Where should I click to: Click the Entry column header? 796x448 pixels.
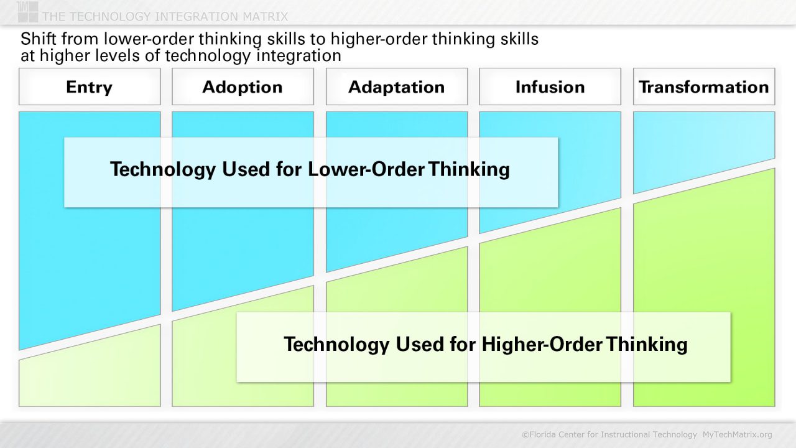[89, 87]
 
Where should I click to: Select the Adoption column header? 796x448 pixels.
[243, 87]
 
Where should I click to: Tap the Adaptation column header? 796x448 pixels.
[396, 87]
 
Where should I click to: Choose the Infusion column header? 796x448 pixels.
[550, 87]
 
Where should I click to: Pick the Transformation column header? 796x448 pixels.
[703, 87]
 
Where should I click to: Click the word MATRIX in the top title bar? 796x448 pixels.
[265, 16]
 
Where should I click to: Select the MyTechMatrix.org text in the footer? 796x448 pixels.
[737, 434]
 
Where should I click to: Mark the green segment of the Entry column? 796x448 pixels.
[89, 380]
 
